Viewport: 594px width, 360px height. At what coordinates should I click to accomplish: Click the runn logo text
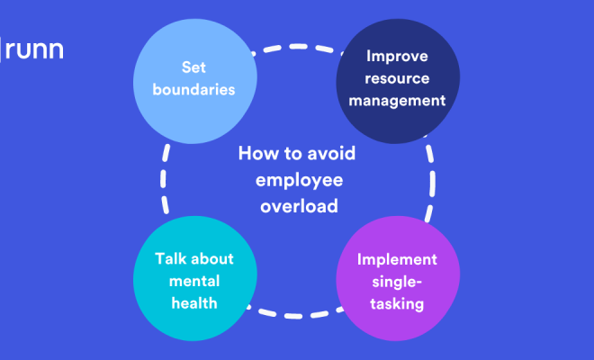coord(34,49)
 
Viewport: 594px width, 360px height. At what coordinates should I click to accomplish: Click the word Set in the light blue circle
coord(193,67)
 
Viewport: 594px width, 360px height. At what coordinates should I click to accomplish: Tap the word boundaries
coord(193,89)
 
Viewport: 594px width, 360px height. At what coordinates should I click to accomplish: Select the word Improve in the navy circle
coord(397,57)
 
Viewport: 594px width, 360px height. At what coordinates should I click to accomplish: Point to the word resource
coord(397,79)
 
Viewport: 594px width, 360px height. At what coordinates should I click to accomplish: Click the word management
coord(397,101)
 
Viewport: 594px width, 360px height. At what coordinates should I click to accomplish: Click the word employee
coord(300,181)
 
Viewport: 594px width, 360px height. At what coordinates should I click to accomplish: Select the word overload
coord(299,206)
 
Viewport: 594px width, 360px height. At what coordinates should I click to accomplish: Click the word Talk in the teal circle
coord(170,259)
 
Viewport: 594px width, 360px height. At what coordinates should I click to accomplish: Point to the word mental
coord(194,281)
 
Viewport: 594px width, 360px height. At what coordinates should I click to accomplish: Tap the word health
coord(194,303)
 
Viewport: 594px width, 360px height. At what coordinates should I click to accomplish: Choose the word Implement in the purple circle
coord(397,260)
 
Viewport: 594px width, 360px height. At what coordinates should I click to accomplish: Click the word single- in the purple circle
coord(397,283)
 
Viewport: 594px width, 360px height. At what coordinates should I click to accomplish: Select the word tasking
coord(397,304)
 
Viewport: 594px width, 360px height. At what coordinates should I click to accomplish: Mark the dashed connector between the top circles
coord(298,47)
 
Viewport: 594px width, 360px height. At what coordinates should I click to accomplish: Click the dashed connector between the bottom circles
coord(294,316)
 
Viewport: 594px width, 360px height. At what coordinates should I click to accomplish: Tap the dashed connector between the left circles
coord(163,179)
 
